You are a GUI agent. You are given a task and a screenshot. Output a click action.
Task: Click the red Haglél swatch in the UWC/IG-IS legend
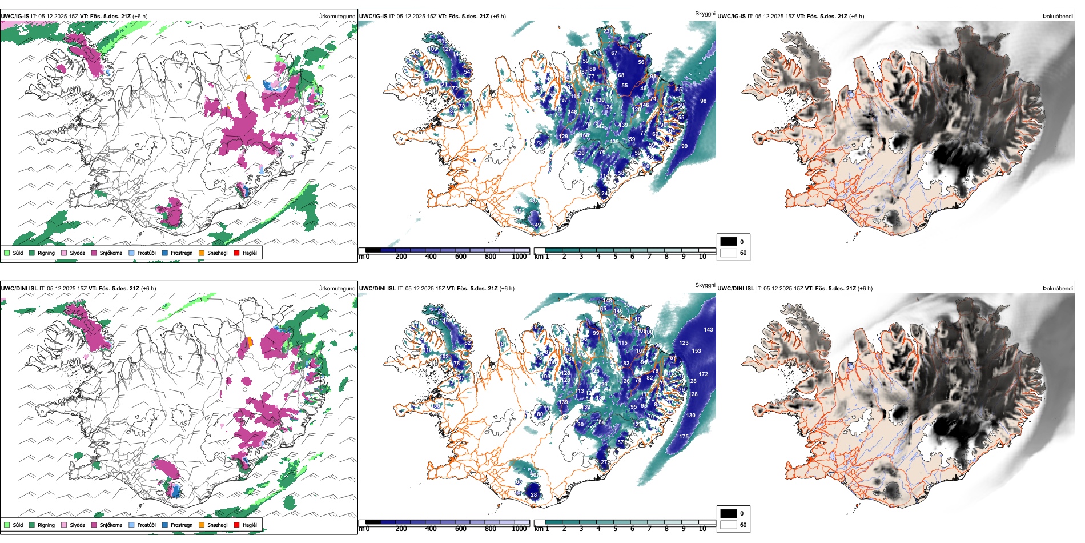[236, 253]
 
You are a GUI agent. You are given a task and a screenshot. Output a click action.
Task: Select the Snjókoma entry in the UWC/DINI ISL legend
[111, 525]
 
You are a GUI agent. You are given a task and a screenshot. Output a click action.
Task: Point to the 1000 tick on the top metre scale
[519, 257]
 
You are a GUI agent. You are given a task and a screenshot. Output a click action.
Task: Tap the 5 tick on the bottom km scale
[616, 529]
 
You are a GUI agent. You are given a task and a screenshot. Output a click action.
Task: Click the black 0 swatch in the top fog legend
[729, 242]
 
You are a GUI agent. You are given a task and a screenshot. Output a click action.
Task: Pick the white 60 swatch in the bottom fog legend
[729, 525]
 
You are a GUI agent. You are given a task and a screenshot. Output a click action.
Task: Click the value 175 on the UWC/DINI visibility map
[684, 437]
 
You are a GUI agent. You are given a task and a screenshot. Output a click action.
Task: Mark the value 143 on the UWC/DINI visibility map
[708, 330]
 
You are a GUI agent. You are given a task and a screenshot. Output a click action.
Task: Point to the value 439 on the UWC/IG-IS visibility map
[614, 142]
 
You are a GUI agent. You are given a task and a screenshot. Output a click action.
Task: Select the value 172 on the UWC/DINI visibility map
[703, 374]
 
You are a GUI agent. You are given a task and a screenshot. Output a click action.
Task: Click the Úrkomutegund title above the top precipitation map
[336, 17]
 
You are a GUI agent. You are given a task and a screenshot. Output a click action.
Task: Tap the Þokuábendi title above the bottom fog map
[1058, 289]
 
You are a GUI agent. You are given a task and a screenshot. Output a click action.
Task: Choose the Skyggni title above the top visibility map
[705, 14]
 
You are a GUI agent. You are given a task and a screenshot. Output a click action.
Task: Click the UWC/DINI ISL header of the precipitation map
[19, 289]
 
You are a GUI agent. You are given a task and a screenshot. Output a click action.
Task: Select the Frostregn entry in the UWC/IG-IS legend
[181, 253]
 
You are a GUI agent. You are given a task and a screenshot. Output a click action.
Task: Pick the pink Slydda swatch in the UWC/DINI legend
[64, 525]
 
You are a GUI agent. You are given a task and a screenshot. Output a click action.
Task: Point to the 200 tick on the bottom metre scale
[401, 529]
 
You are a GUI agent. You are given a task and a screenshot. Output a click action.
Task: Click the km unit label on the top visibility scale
[538, 257]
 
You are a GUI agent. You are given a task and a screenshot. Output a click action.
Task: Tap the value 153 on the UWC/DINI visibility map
[696, 351]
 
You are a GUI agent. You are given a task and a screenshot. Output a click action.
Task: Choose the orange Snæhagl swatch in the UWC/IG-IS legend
[202, 253]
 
